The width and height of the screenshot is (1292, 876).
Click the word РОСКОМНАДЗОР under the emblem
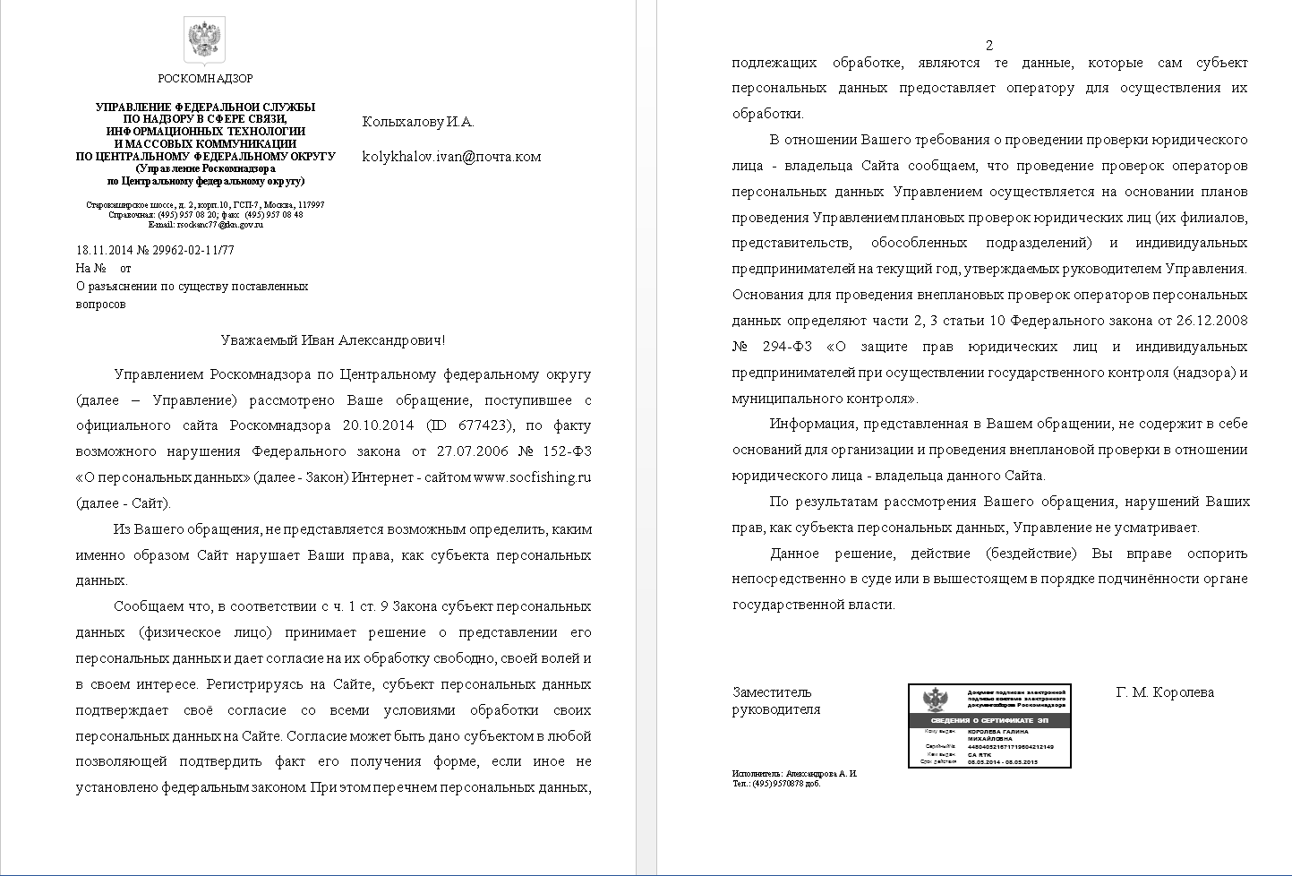(x=205, y=79)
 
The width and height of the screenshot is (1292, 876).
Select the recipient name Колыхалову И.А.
(x=417, y=123)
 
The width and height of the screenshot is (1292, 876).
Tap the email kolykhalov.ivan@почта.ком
(x=451, y=157)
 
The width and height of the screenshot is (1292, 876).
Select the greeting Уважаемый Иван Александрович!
(x=332, y=340)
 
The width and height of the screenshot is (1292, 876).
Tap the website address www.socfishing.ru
(x=532, y=477)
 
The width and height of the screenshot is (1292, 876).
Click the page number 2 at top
(x=989, y=46)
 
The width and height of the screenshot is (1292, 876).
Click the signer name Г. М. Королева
(x=1165, y=692)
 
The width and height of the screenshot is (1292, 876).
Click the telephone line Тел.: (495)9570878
(x=775, y=784)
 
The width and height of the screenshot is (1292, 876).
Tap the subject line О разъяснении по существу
(x=192, y=287)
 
